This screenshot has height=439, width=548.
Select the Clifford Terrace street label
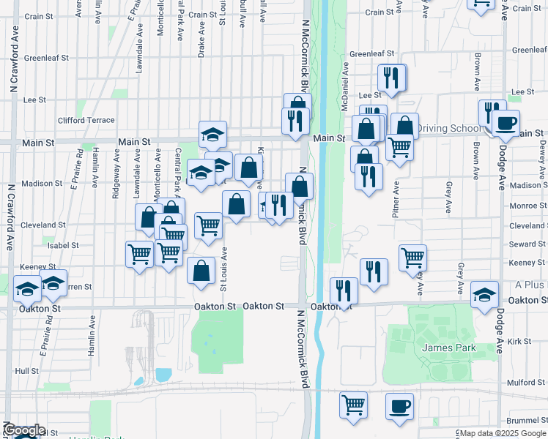[x=86, y=120]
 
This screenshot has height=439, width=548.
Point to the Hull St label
[x=26, y=371]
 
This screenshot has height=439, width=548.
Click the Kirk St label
[x=518, y=342]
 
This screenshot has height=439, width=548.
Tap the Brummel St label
[x=526, y=420]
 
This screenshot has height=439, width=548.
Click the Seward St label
[x=527, y=244]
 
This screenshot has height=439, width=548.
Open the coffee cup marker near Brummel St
[x=399, y=405]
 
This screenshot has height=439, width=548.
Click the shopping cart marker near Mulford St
[x=354, y=404]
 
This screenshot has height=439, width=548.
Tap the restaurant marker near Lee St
[x=390, y=78]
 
